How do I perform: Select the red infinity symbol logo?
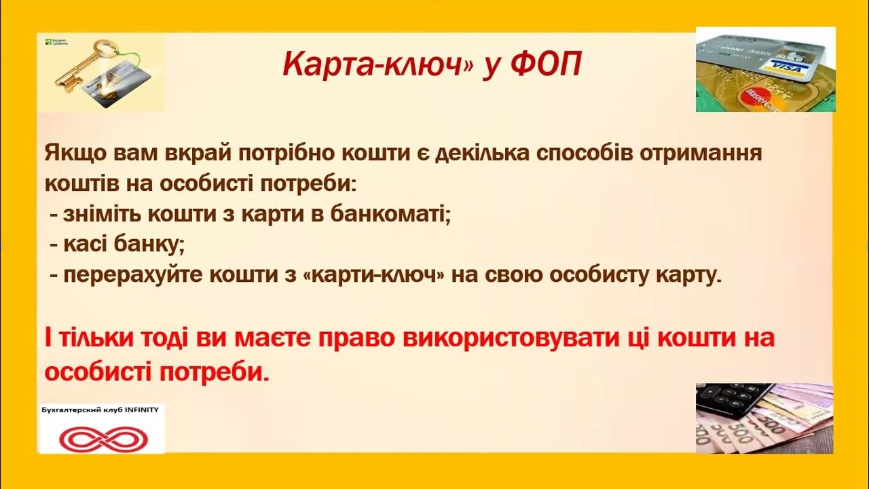[102, 437]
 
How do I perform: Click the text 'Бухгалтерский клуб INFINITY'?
[100, 411]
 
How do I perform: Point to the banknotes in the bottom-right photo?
[781, 424]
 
